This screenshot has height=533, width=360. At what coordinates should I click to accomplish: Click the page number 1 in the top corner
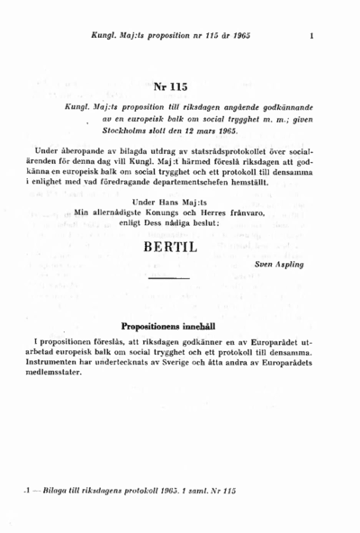pos(310,38)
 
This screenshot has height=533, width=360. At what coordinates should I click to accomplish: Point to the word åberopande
pos(87,149)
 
